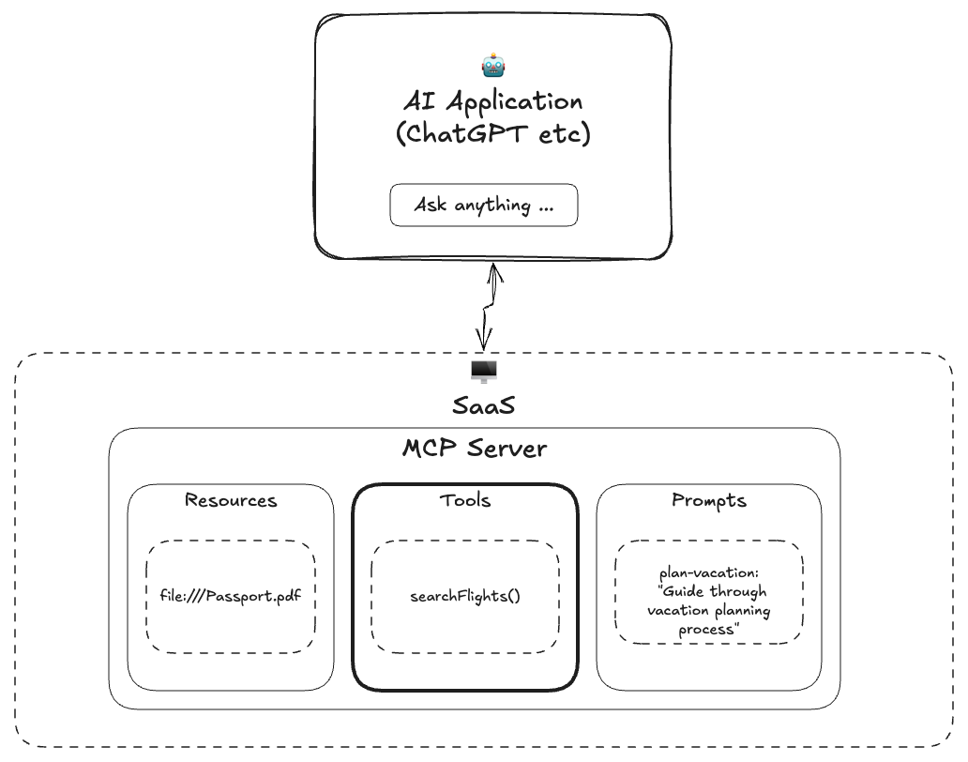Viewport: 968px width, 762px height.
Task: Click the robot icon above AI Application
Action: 493,66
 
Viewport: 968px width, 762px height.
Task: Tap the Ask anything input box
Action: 484,205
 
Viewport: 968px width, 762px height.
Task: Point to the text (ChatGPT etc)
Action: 493,134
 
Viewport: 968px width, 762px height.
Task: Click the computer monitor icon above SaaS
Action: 484,372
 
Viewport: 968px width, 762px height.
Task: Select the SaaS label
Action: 484,406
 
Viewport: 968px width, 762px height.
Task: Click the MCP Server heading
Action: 475,449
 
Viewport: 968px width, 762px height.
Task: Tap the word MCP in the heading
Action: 430,449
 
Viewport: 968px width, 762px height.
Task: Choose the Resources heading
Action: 231,500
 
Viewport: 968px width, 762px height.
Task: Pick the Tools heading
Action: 465,500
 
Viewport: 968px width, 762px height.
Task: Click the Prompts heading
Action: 709,500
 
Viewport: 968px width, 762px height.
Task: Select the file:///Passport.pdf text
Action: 231,596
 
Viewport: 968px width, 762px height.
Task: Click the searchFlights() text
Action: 465,596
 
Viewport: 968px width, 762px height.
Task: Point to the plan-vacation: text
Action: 709,573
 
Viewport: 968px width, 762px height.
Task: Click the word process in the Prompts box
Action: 707,630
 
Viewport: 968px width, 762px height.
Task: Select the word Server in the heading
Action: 507,449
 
